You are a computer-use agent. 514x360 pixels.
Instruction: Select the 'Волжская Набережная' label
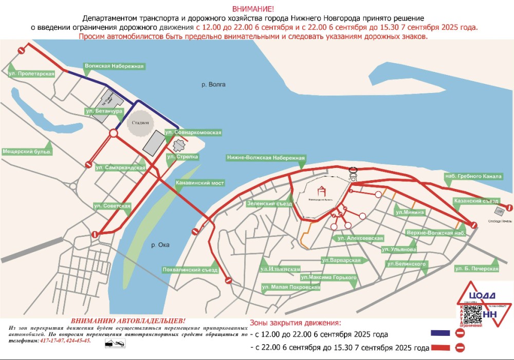tap(114, 66)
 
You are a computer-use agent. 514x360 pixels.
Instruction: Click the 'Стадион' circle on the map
tap(140, 123)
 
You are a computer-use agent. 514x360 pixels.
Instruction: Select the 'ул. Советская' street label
tap(112, 205)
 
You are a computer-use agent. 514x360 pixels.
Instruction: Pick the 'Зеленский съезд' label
tap(269, 203)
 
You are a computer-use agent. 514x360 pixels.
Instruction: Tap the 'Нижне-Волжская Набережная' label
tap(266, 158)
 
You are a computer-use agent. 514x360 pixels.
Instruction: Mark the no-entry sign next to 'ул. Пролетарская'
tap(22, 50)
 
